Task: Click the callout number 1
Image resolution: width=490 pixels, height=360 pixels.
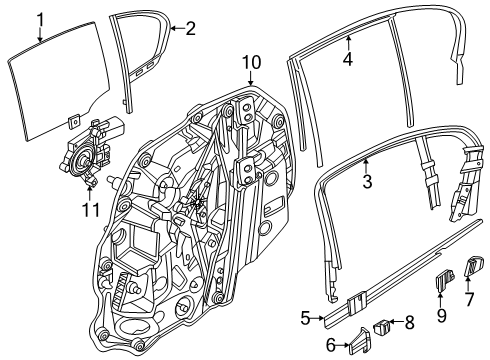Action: tap(40, 18)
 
